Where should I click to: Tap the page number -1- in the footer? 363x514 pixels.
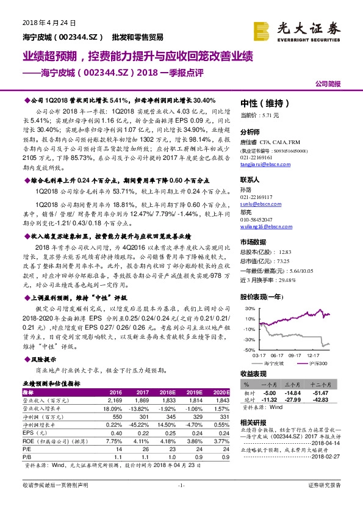[x=181, y=502]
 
